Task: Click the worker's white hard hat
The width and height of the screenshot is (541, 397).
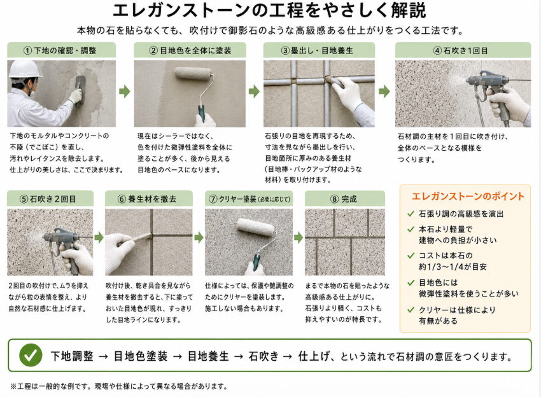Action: point(24,70)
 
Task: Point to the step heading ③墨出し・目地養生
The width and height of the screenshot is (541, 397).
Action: point(317,51)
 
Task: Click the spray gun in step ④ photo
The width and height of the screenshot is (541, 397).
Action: point(490,92)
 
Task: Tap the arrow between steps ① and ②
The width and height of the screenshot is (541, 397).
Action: point(125,92)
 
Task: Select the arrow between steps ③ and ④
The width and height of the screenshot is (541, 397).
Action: point(384,92)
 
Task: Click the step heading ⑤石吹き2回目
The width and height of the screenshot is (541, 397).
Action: point(48,199)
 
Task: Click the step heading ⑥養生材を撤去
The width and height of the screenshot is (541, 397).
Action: point(147,199)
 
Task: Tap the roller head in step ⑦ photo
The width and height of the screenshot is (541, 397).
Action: point(256,227)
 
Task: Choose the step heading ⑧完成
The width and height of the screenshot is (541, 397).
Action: point(344,199)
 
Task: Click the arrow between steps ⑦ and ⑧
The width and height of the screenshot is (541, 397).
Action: point(299,237)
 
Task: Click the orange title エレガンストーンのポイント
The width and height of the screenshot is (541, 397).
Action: point(468,196)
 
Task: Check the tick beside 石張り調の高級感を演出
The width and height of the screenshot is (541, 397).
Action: point(411,214)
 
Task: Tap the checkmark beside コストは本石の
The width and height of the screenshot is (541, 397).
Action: point(411,256)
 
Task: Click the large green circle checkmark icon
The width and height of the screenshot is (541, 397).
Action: point(31,355)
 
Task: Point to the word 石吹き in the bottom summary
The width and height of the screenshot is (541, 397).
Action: point(263,356)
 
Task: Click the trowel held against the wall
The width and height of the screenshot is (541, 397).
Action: point(80,91)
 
